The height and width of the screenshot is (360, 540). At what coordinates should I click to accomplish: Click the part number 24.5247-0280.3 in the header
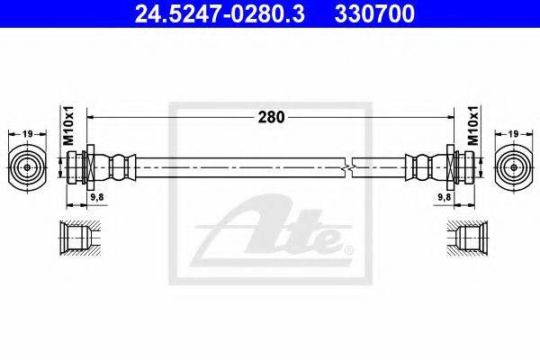pos(220,13)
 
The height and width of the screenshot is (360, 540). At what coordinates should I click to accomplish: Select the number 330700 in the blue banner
pos(374,13)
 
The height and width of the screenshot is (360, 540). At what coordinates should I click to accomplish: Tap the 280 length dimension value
pos(272,118)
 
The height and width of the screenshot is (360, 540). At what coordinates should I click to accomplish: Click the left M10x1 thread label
pos(69,125)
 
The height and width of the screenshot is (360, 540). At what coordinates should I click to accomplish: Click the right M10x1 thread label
pos(473,125)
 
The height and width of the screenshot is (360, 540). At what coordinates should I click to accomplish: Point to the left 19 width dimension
pos(27,134)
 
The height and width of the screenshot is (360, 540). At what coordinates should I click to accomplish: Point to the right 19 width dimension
pos(513,134)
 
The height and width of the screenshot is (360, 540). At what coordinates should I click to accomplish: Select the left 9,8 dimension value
pos(97,197)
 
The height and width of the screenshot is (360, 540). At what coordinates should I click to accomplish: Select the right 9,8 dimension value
pos(445,197)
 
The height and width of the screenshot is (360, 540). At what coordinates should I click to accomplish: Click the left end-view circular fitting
pos(27,167)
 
